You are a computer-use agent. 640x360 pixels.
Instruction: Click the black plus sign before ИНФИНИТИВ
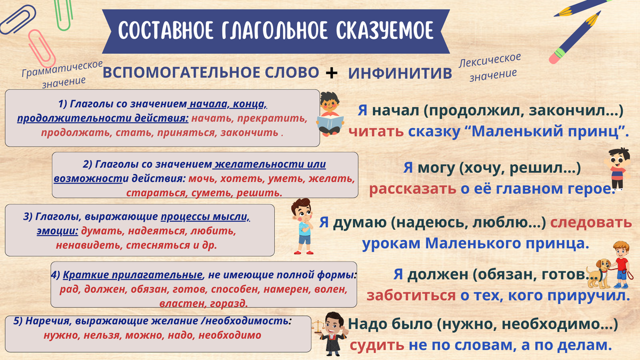click(x=331, y=73)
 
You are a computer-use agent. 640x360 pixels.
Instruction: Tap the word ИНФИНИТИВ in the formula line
click(x=400, y=73)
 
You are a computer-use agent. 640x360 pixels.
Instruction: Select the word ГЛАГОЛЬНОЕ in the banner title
click(x=275, y=30)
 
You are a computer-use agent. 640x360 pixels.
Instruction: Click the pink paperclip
click(x=42, y=49)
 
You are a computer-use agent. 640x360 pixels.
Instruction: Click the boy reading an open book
click(x=330, y=114)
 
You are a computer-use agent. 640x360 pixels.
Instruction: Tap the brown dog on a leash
click(x=598, y=273)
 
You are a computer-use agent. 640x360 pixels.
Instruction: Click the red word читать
click(x=376, y=131)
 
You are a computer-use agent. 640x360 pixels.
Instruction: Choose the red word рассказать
click(x=413, y=189)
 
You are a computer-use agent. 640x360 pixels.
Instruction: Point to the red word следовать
click(x=591, y=222)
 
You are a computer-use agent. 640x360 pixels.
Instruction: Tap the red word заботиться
click(x=411, y=295)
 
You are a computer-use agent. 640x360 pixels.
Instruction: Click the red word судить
click(x=377, y=345)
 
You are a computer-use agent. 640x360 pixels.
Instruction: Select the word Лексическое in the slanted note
click(x=490, y=61)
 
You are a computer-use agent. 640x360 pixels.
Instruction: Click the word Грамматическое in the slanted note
click(x=62, y=69)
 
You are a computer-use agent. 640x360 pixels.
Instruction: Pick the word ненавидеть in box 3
click(x=89, y=245)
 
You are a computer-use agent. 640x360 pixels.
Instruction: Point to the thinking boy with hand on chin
click(x=303, y=226)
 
